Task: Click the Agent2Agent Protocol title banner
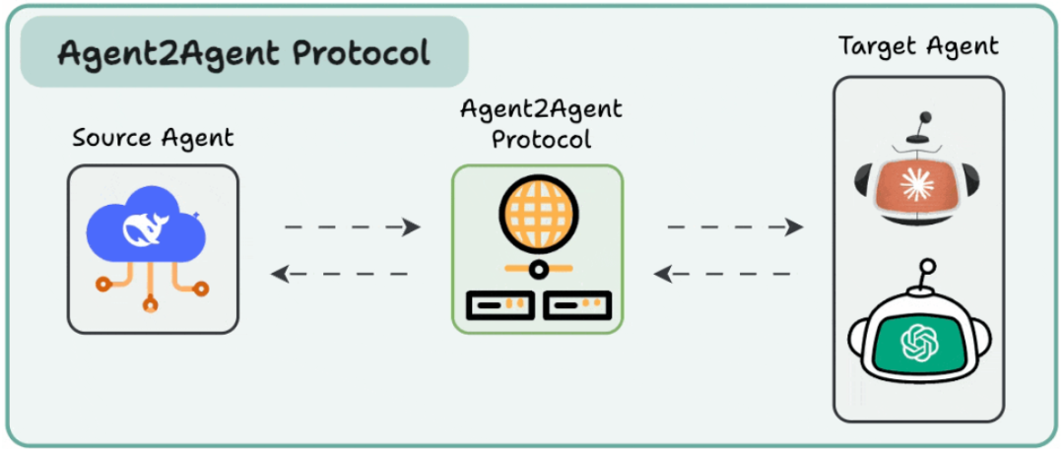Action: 243,51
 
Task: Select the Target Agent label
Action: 917,45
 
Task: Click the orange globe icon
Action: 537,216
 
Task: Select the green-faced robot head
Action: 917,340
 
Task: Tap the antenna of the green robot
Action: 924,277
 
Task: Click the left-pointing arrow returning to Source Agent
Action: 340,273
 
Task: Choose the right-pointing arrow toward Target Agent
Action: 735,227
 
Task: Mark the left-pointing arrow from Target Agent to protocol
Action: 724,273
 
